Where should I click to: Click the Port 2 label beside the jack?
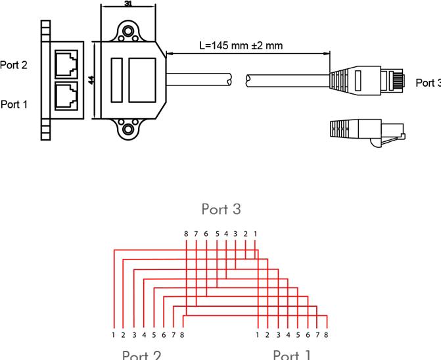pos(14,65)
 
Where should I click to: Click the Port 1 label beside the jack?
pos(14,104)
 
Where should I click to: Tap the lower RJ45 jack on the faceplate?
pos(66,96)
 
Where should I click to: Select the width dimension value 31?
pos(128,3)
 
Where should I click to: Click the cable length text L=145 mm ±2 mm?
pos(241,46)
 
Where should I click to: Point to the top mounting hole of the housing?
pos(128,31)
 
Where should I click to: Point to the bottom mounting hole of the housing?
pos(128,129)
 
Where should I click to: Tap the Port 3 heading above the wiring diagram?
pos(221,209)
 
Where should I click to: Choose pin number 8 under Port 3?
pos(187,233)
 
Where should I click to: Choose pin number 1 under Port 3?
pos(255,233)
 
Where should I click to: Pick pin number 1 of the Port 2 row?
pos(113,335)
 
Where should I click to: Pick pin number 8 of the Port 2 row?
pos(181,335)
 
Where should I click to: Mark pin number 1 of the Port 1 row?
pos(258,335)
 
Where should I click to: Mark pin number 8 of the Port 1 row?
pos(326,335)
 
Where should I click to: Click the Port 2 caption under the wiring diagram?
pos(141,355)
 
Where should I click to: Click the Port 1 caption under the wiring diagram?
pos(291,355)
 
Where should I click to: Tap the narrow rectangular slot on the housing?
pos(117,80)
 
